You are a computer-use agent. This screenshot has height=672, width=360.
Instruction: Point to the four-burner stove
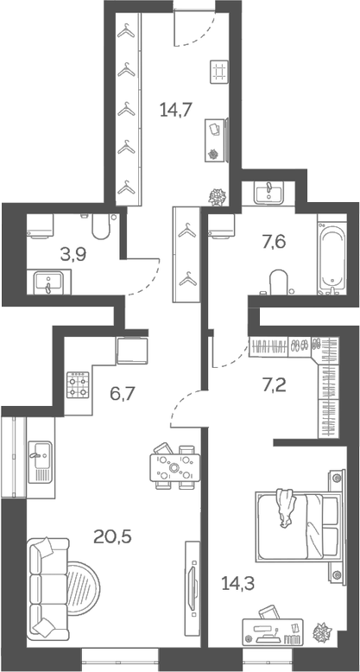coord(79,384)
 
